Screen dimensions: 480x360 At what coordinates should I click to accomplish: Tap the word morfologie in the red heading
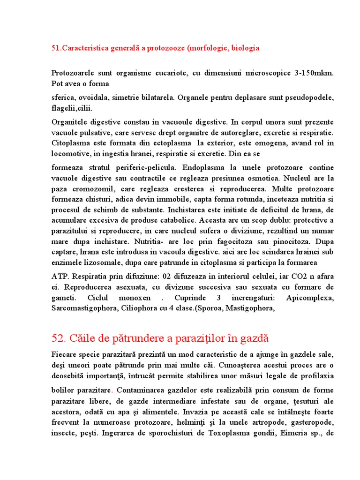[x=208, y=48]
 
